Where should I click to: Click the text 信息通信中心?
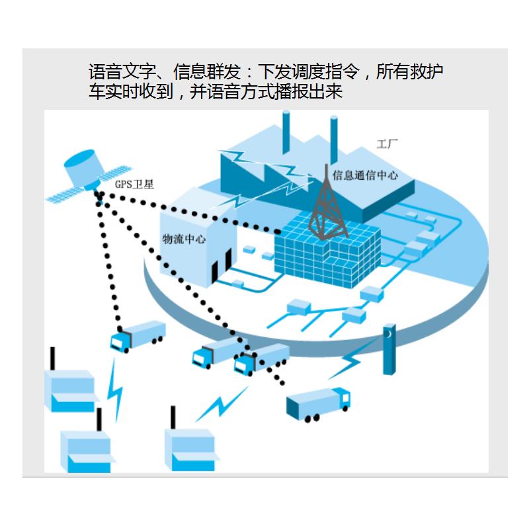click(x=366, y=175)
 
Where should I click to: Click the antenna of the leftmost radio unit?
click(x=52, y=358)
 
